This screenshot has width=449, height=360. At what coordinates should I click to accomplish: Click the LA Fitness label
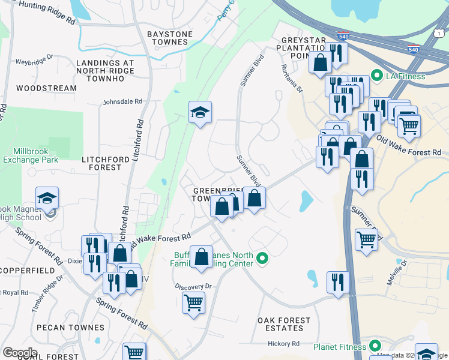point(405,76)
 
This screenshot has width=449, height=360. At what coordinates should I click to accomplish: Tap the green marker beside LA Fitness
point(377,76)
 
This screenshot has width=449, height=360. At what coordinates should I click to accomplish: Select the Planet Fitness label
point(340,347)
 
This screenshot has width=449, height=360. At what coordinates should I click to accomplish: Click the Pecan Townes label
point(70,328)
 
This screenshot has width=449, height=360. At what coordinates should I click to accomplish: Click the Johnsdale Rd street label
point(123,102)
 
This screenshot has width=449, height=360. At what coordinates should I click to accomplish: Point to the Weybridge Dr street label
point(35,61)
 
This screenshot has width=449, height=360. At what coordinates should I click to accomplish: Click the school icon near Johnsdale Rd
point(200,112)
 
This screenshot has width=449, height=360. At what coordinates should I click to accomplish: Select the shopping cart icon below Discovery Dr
point(193,302)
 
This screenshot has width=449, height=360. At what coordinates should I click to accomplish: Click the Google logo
point(20,353)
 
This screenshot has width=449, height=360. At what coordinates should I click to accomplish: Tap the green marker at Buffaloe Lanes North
point(262,259)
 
